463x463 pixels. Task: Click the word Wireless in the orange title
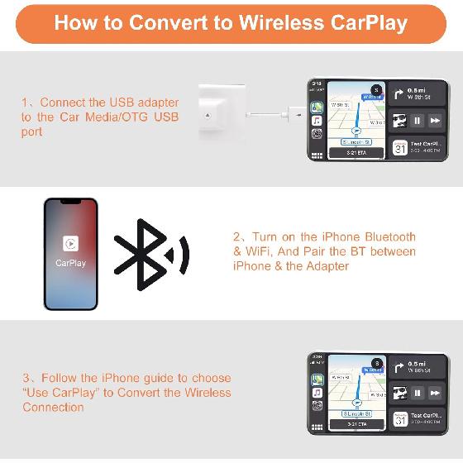tap(278, 22)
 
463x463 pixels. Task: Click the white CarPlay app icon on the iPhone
tap(70, 244)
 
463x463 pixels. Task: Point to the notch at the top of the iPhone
tap(70, 203)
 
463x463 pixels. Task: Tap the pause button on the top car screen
tap(418, 121)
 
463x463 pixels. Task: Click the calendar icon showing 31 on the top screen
tap(399, 148)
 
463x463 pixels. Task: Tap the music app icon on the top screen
tap(317, 122)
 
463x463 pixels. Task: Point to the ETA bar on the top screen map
tap(356, 152)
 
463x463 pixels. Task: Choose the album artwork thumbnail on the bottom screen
tap(399, 394)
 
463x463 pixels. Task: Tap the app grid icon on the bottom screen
tap(317, 428)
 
